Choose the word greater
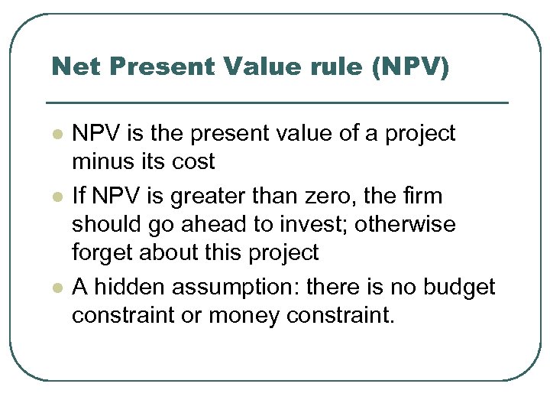point(209,197)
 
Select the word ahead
point(201,225)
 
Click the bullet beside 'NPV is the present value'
point(56,134)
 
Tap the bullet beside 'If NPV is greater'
point(56,197)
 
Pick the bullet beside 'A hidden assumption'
point(56,287)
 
